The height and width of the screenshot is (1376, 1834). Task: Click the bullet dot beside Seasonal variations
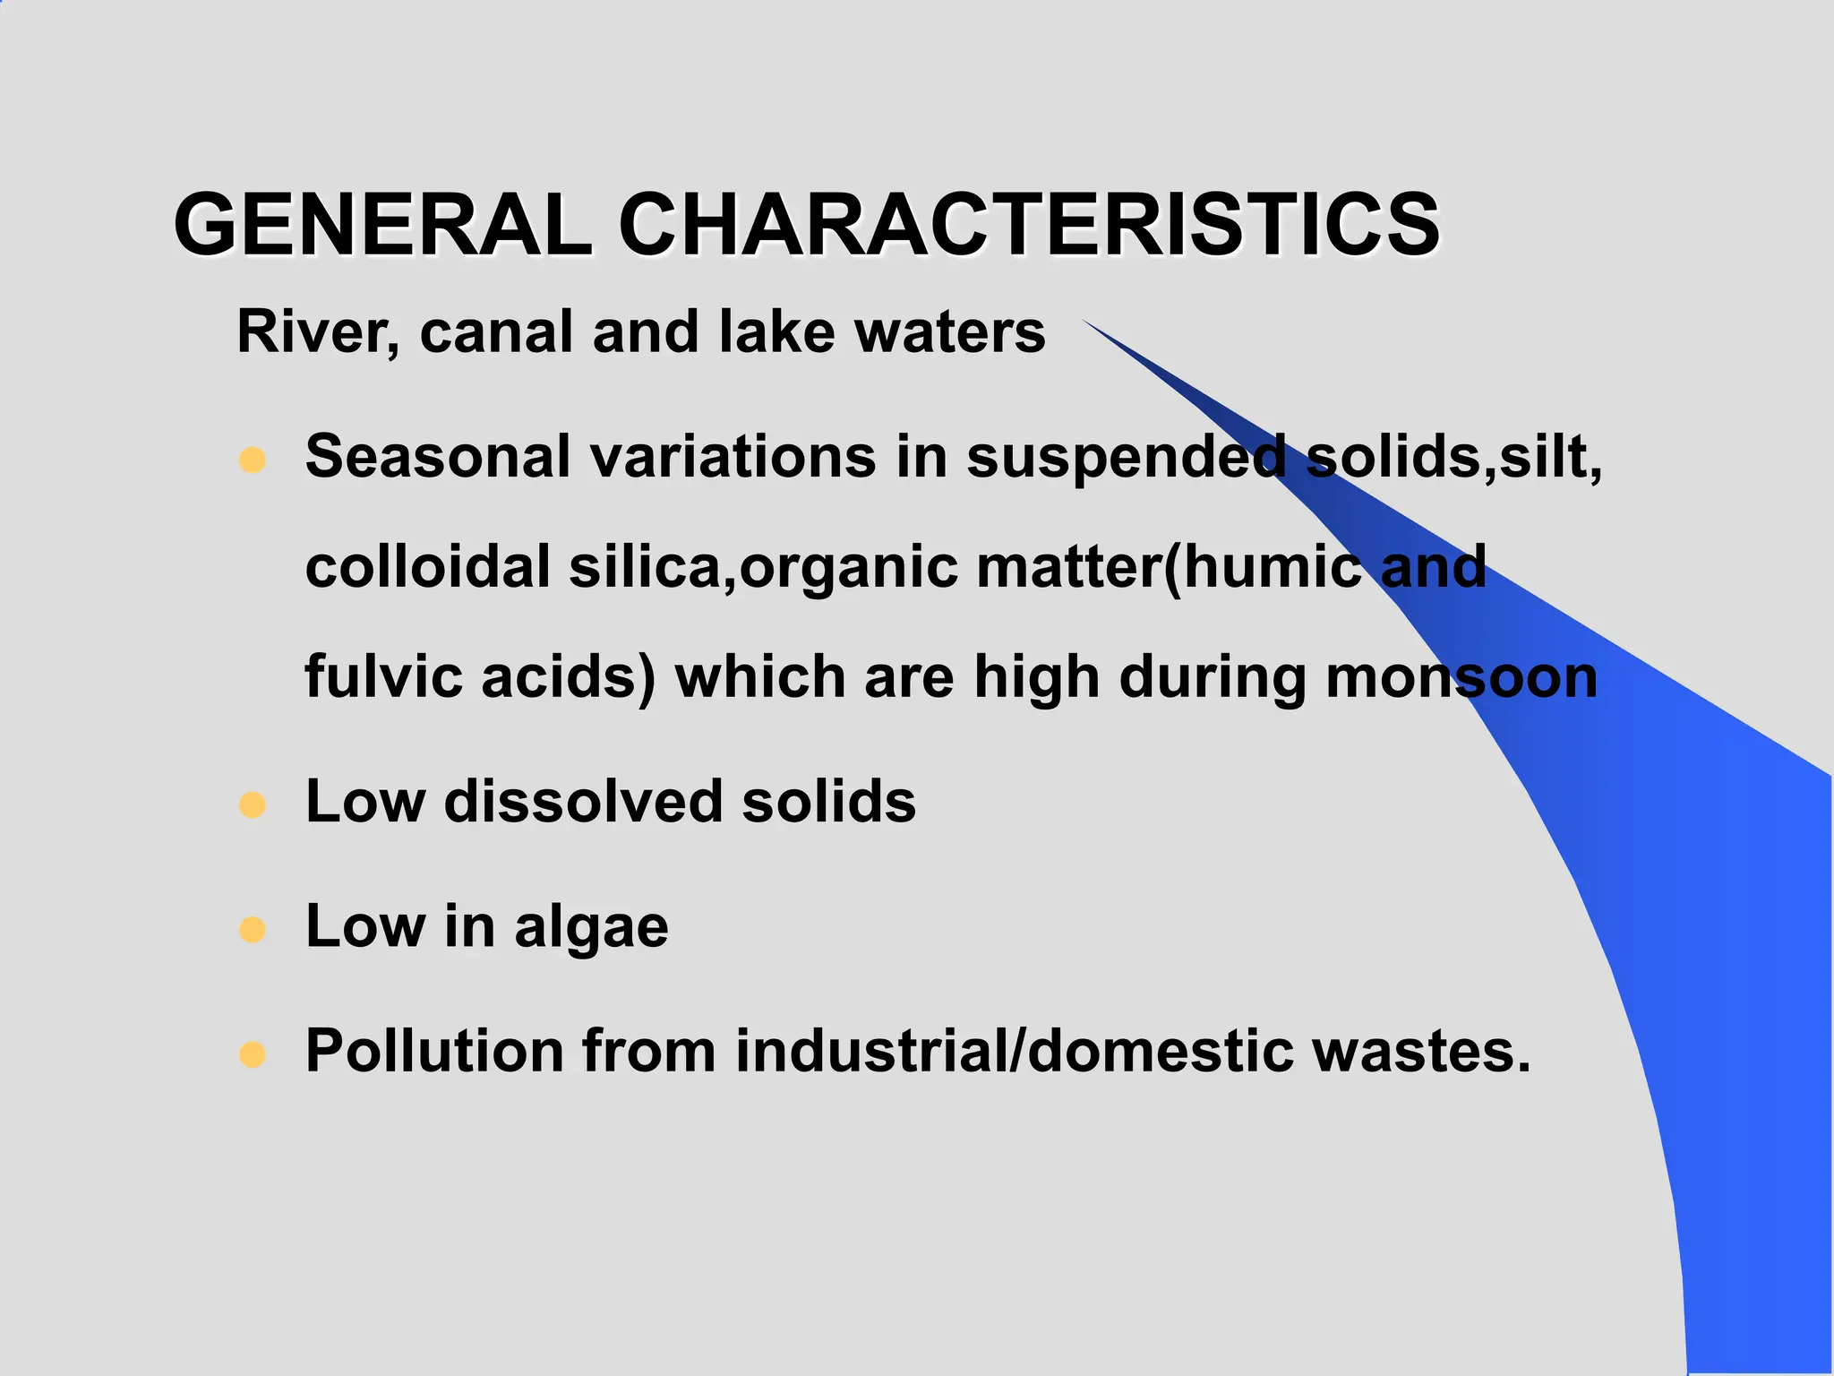(x=253, y=460)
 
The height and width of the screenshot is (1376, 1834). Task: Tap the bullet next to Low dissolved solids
(x=253, y=804)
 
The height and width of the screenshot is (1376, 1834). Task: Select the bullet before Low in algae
(x=253, y=929)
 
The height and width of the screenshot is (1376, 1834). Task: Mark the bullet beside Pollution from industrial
(x=253, y=1053)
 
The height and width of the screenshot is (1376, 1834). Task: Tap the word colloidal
(x=427, y=567)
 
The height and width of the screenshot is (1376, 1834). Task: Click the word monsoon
(x=1461, y=678)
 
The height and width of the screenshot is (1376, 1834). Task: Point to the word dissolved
(x=583, y=801)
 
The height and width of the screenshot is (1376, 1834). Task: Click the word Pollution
(x=434, y=1050)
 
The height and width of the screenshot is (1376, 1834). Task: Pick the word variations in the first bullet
(x=733, y=457)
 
